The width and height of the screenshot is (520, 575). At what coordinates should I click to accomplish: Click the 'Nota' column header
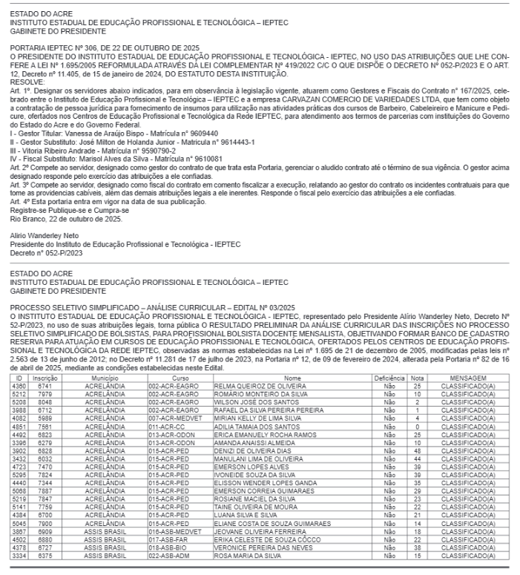[x=418, y=358]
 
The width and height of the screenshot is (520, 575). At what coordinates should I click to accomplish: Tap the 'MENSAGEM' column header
[x=467, y=358]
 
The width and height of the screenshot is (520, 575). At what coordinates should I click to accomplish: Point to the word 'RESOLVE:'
[x=22, y=82]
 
